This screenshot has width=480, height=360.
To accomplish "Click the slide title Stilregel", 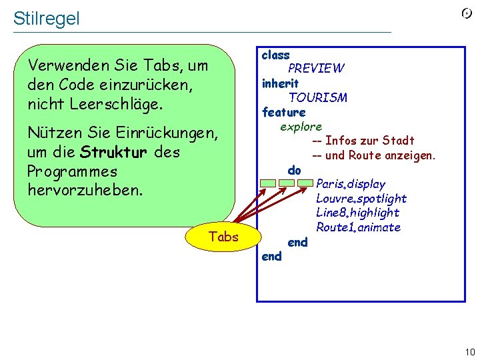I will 46,18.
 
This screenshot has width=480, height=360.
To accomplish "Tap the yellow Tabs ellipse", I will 223,237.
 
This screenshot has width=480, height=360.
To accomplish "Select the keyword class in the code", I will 275,55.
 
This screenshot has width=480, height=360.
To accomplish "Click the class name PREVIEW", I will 316,68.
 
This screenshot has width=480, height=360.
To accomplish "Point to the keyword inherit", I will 280,83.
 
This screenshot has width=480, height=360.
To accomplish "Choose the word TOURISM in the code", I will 317,97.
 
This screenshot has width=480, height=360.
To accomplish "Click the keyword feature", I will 283,112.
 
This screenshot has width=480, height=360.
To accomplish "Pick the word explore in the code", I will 301,126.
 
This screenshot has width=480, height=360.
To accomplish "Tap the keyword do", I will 294,170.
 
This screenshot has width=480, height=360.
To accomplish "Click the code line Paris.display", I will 351,183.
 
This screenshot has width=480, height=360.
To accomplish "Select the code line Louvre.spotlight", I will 361,198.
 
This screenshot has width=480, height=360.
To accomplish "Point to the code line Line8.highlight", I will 357,213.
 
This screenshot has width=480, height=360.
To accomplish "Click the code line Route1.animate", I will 358,227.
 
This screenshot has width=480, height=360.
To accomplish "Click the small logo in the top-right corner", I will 467,13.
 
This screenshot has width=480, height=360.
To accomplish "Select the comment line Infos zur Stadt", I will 363,141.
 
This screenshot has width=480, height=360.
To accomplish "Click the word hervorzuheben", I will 85,190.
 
